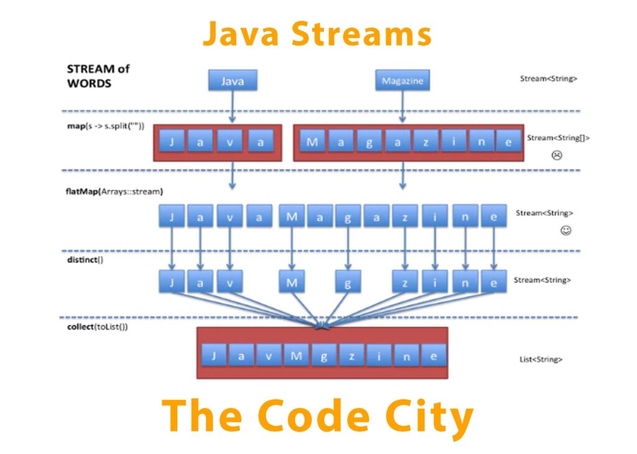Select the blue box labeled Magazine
pyautogui.click(x=402, y=81)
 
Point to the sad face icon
pyautogui.click(x=557, y=155)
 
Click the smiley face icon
pyautogui.click(x=565, y=230)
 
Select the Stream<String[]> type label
pyautogui.click(x=558, y=138)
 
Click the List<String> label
pyautogui.click(x=541, y=360)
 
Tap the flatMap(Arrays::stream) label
pyautogui.click(x=111, y=191)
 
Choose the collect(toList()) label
pyautogui.click(x=98, y=326)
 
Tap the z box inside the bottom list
pyautogui.click(x=351, y=356)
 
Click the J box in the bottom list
pyautogui.click(x=213, y=356)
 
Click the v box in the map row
pyautogui.click(x=230, y=142)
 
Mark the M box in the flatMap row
pyautogui.click(x=291, y=216)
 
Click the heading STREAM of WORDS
pyautogui.click(x=98, y=76)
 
